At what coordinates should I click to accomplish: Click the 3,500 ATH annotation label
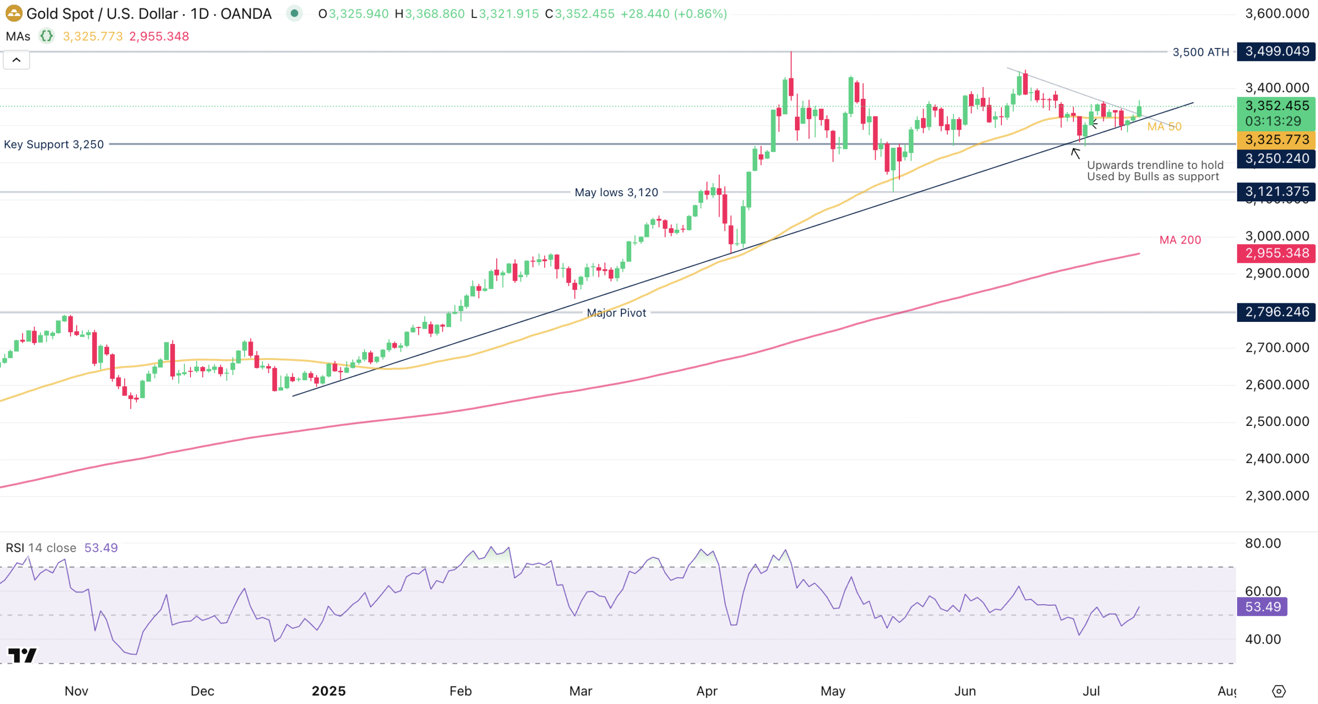tap(1200, 52)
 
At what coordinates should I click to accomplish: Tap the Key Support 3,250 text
tap(54, 144)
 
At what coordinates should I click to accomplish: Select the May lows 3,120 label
tap(616, 192)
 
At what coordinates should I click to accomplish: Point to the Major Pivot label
tap(616, 313)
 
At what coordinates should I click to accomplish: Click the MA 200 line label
tap(1180, 240)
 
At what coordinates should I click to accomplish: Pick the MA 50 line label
tap(1164, 127)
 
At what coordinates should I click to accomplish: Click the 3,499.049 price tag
tap(1276, 51)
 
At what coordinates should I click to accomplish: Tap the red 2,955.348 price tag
tap(1276, 253)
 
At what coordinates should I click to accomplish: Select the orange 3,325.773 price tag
tap(1276, 140)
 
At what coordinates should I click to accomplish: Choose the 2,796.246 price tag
tap(1276, 312)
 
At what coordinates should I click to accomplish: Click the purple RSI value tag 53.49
tap(1263, 607)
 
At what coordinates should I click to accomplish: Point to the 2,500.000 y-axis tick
tap(1277, 421)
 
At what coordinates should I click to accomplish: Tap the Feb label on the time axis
tap(460, 691)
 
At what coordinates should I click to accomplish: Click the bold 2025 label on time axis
tap(328, 691)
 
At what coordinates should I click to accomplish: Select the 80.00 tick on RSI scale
tap(1263, 543)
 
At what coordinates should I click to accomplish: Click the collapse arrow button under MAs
tap(16, 60)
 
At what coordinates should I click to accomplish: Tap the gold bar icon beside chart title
tap(14, 13)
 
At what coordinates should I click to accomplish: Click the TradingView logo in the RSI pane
tap(23, 655)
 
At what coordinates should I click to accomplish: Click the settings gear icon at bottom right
tap(1279, 691)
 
